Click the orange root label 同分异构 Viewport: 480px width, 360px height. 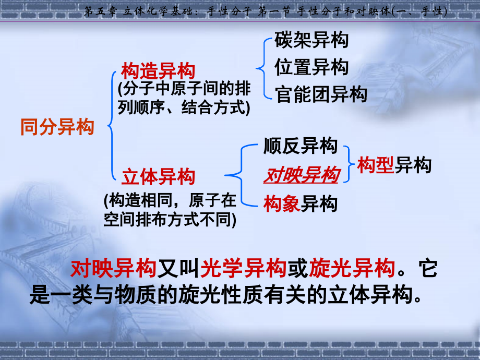pos(57,127)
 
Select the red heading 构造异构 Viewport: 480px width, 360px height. pos(158,71)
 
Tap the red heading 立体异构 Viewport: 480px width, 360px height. pos(158,177)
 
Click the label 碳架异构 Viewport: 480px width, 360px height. pos(311,40)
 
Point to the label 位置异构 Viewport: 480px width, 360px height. pos(311,67)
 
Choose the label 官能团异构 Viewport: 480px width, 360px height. pos(321,94)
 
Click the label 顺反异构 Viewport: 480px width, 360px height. pos(301,146)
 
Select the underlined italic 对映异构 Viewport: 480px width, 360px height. pos(302,175)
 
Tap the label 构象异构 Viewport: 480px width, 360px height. pos(301,203)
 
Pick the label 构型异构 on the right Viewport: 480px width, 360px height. pos(394,165)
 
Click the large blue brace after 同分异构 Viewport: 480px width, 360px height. pos(110,125)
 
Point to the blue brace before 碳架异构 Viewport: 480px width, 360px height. pos(261,68)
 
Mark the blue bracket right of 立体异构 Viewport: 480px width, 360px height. pos(242,175)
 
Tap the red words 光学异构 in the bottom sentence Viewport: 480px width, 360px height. pos(243,268)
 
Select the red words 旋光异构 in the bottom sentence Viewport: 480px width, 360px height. pos(352,268)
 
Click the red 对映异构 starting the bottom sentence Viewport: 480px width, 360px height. pos(113,268)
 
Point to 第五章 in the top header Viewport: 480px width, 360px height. pos(100,11)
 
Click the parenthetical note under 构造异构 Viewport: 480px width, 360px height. pos(184,98)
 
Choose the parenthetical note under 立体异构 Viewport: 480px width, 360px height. pos(170,210)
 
